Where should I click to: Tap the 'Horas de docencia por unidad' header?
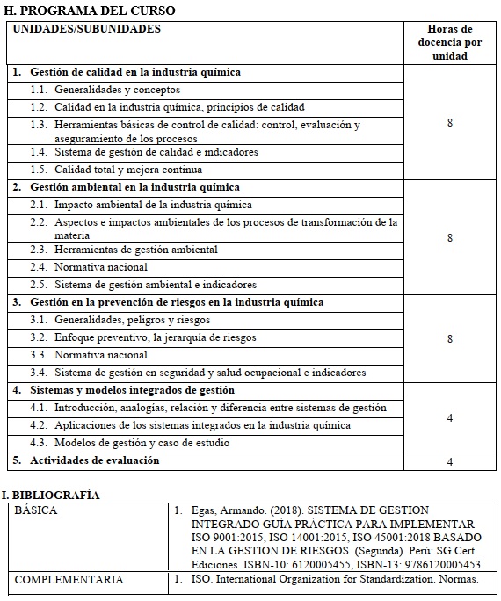[x=449, y=42]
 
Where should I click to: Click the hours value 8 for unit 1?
[x=450, y=123]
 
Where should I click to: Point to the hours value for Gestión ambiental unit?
[x=450, y=238]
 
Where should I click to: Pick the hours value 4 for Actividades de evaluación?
[x=450, y=461]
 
